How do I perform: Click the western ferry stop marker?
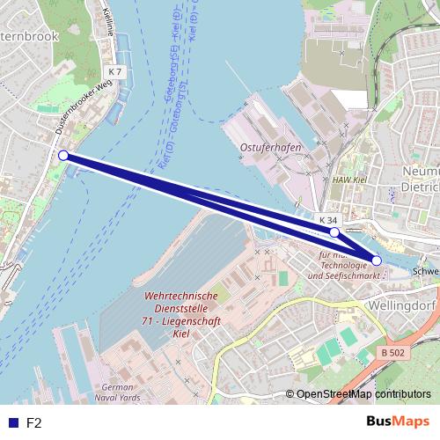point(62,156)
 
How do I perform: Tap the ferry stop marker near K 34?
point(334,232)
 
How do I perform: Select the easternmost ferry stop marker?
point(377,260)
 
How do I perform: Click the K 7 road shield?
point(114,70)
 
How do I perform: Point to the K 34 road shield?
point(327,218)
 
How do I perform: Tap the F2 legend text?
point(34,423)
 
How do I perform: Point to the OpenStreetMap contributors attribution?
point(363,395)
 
